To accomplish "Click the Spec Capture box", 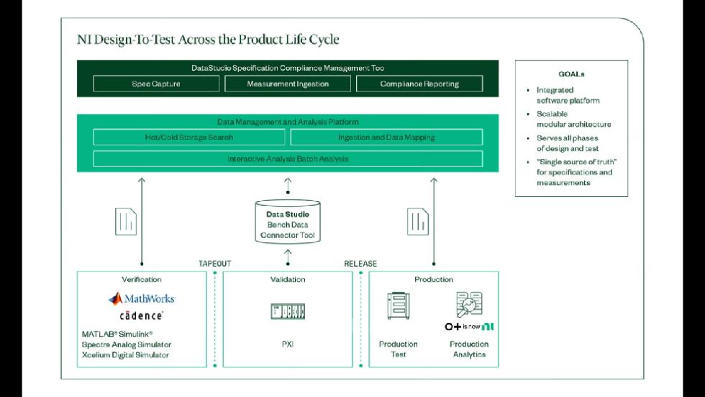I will pyautogui.click(x=156, y=84).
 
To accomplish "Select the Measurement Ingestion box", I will pyautogui.click(x=288, y=84).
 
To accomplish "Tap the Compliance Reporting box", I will pyautogui.click(x=419, y=84).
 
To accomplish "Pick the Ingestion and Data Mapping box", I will pyautogui.click(x=386, y=137).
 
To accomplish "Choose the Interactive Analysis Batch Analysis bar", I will pyautogui.click(x=288, y=159).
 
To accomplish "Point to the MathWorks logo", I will pyautogui.click(x=142, y=298).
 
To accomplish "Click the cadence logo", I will pyautogui.click(x=141, y=316).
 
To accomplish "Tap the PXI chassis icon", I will pyautogui.click(x=288, y=311).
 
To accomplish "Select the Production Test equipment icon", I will pyautogui.click(x=398, y=305).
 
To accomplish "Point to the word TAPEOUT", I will pyautogui.click(x=215, y=264).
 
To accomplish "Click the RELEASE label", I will pyautogui.click(x=360, y=264).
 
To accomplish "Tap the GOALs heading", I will pyautogui.click(x=571, y=74).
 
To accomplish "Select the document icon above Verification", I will pyautogui.click(x=126, y=220).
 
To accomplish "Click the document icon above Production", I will pyautogui.click(x=418, y=220).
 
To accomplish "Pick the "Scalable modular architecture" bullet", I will pyautogui.click(x=573, y=119).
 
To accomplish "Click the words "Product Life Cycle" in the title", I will pyautogui.click(x=286, y=40).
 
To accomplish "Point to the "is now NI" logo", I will pyautogui.click(x=469, y=326).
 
